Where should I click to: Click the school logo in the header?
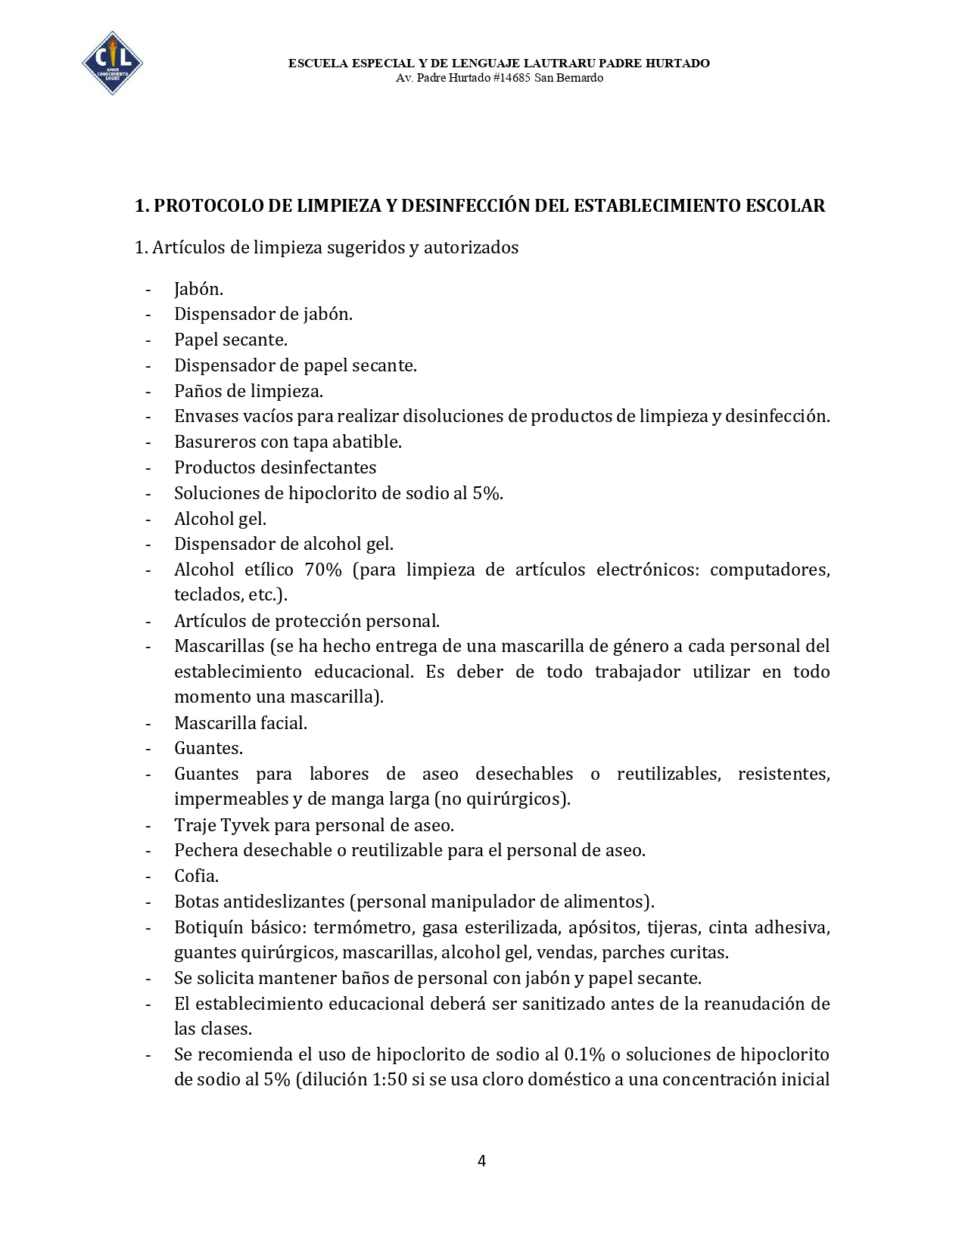pyautogui.click(x=112, y=64)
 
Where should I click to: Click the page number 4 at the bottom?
pyautogui.click(x=482, y=1160)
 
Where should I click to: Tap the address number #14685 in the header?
pyautogui.click(x=511, y=78)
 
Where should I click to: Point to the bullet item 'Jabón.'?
pyautogui.click(x=198, y=289)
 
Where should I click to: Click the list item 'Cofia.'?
pyautogui.click(x=196, y=876)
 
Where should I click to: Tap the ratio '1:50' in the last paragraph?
pyautogui.click(x=389, y=1079)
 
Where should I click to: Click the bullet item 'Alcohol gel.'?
pyautogui.click(x=220, y=519)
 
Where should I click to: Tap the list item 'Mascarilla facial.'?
pyautogui.click(x=241, y=723)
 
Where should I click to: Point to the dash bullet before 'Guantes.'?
pyautogui.click(x=148, y=749)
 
